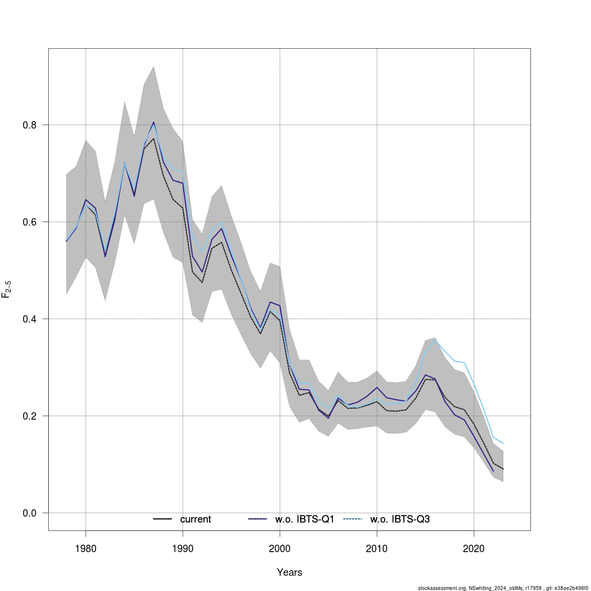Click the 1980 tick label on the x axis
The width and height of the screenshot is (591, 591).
(x=86, y=548)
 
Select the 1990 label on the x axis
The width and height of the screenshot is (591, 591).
(x=183, y=548)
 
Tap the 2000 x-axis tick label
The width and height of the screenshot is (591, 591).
(x=280, y=548)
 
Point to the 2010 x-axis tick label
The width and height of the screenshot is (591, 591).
(x=377, y=548)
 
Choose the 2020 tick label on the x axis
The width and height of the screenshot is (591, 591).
(x=474, y=548)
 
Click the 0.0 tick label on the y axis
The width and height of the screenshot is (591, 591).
(x=31, y=513)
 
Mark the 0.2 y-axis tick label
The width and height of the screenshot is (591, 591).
(x=31, y=416)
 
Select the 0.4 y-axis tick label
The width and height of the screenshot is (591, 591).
(x=31, y=319)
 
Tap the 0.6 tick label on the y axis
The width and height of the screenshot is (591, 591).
(x=31, y=222)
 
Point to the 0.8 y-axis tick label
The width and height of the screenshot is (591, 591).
(x=31, y=125)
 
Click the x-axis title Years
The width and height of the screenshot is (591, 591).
(x=290, y=572)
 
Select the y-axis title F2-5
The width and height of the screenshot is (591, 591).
(x=7, y=288)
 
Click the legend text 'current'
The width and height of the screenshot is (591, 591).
(x=196, y=519)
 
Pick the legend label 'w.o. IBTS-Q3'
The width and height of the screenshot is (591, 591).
(x=400, y=519)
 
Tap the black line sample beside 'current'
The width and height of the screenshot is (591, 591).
(x=162, y=519)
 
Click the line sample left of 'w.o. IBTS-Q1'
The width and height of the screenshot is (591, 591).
(x=258, y=519)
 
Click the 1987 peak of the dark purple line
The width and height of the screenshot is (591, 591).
(x=154, y=122)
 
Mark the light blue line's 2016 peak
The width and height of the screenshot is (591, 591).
(x=435, y=340)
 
